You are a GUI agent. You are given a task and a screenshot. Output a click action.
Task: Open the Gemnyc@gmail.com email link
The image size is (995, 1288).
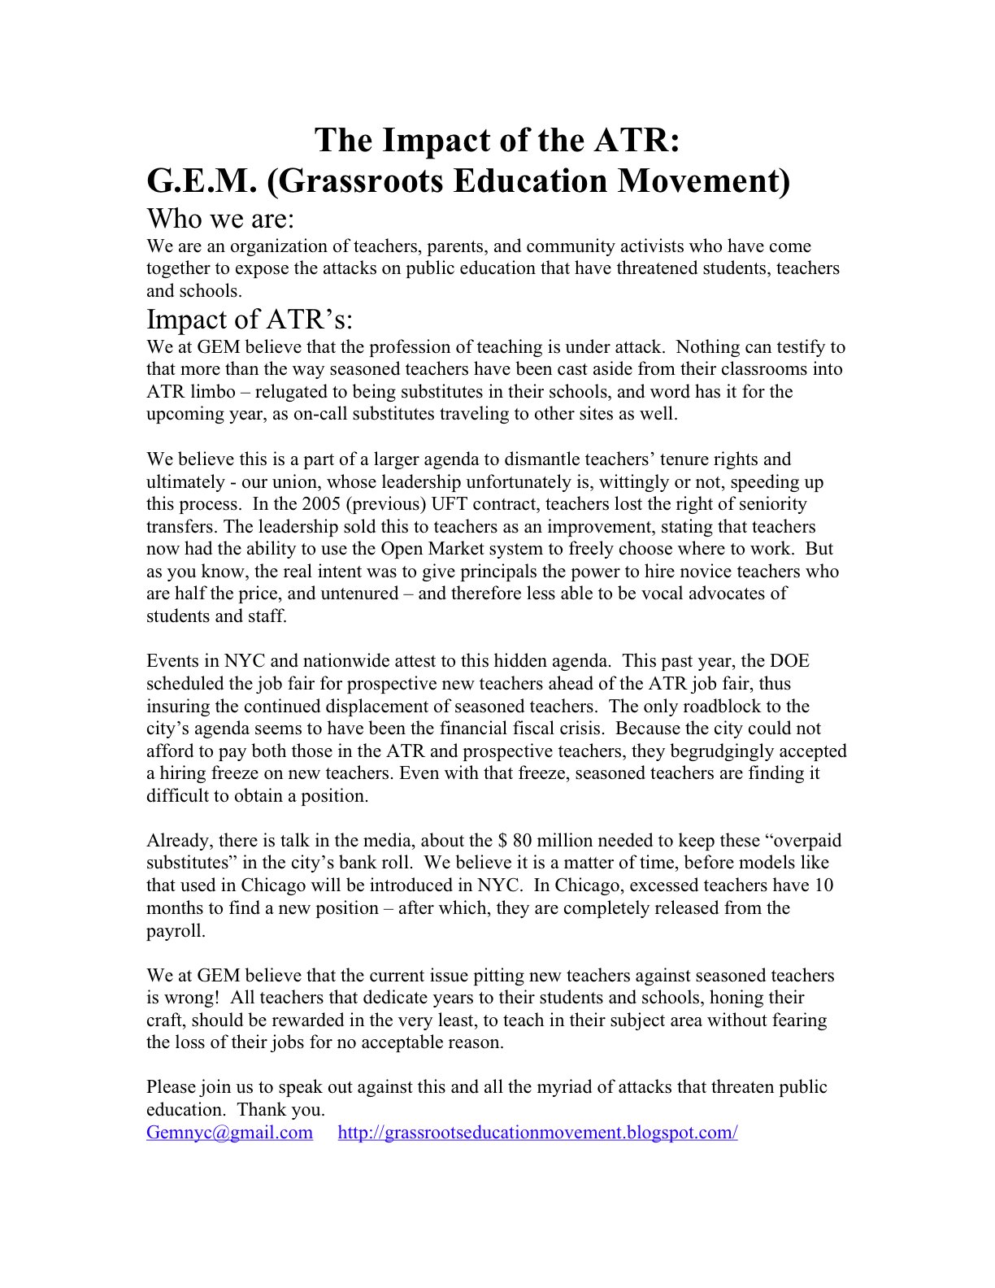(229, 1133)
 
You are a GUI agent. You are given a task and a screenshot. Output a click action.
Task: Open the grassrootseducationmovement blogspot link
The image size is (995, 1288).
(537, 1133)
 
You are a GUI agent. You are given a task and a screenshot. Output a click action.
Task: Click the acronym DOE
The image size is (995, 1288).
(790, 662)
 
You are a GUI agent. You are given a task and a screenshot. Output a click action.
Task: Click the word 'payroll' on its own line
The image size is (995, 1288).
(176, 930)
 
